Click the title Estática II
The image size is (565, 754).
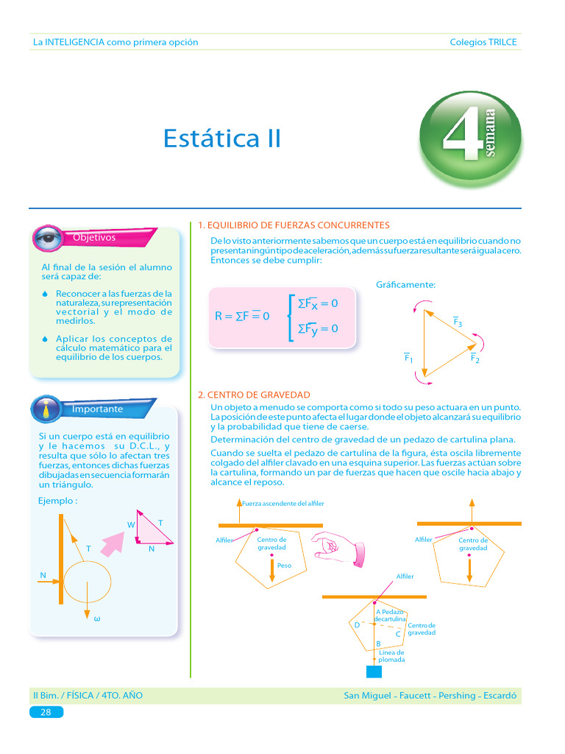[221, 138]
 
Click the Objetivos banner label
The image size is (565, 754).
[94, 237]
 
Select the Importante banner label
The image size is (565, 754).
[97, 409]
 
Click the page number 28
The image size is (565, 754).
[46, 712]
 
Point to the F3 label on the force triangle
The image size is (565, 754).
[457, 322]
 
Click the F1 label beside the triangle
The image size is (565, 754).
[408, 358]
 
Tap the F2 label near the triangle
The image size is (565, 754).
[475, 359]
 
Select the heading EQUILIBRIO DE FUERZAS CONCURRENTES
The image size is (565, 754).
[294, 225]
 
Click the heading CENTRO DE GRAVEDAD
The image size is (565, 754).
[254, 395]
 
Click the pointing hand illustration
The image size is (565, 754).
[338, 547]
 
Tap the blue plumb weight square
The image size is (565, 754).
[374, 671]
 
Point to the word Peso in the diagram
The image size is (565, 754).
[284, 565]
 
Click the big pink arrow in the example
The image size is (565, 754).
[113, 545]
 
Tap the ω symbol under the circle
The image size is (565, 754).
[96, 618]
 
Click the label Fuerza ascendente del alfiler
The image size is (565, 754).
[283, 503]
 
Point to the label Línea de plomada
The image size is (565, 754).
[391, 656]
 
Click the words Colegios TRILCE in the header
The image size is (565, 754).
[483, 42]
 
